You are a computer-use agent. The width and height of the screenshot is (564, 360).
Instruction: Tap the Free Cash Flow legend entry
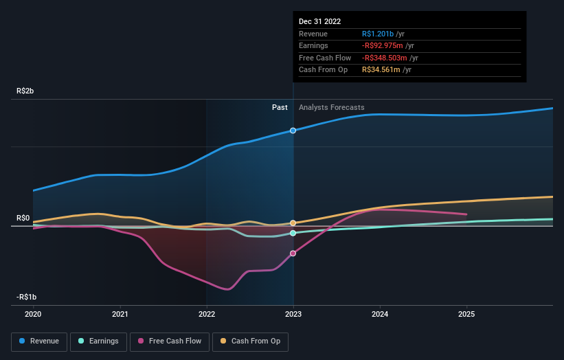tap(170, 341)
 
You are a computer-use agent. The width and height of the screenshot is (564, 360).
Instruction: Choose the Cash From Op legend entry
tap(251, 341)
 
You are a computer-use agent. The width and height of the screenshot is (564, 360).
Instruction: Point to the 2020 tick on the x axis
tap(33, 315)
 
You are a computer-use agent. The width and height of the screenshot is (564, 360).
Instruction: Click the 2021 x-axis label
tap(120, 315)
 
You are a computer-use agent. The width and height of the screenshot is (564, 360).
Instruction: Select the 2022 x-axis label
tap(207, 315)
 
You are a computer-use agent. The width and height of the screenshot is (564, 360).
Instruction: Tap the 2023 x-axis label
tap(293, 315)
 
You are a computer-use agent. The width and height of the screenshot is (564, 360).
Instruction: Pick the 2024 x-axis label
tap(380, 315)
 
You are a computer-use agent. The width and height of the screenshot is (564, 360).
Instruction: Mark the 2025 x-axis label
tap(466, 315)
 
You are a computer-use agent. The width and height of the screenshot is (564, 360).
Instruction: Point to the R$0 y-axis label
tap(23, 218)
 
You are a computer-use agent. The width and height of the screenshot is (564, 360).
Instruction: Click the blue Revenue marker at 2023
tap(293, 131)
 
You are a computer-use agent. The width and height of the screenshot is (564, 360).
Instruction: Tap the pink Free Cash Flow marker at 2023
tap(293, 254)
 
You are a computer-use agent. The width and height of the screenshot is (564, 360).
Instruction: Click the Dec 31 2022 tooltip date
tap(319, 22)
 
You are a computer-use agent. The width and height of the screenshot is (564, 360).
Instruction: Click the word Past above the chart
tap(280, 107)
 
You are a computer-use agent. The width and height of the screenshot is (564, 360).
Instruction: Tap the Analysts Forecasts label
tap(331, 107)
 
